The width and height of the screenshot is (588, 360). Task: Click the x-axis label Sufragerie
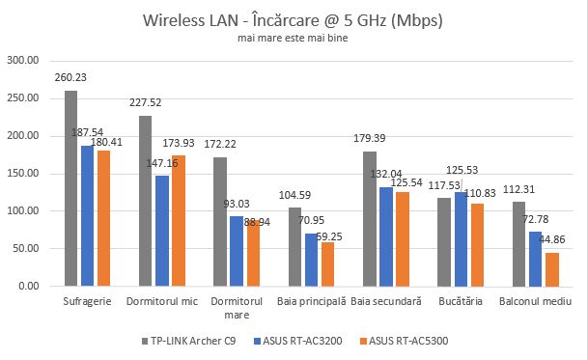pos(84,302)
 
